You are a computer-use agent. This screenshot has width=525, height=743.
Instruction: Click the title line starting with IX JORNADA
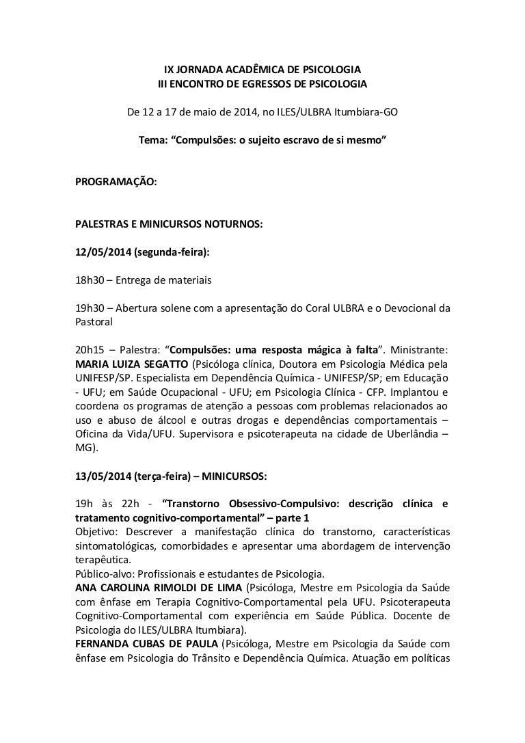coord(262,70)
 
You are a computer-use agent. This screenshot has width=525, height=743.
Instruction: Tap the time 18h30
coord(90,280)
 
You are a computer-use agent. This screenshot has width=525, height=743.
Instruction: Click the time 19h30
coord(90,308)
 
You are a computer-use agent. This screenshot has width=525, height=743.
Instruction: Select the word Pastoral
coord(96,321)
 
